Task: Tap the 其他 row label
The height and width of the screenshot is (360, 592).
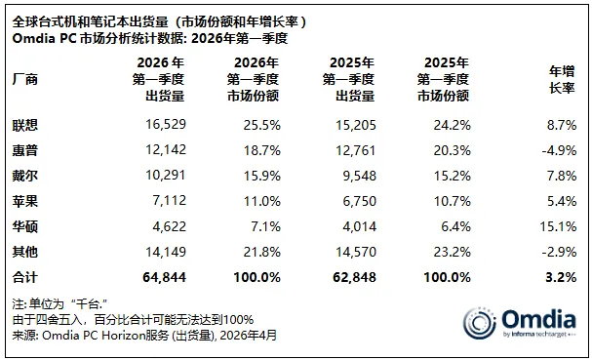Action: click(x=26, y=252)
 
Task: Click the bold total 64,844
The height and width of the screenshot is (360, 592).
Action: click(x=161, y=277)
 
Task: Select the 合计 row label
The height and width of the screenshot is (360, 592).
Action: click(x=26, y=277)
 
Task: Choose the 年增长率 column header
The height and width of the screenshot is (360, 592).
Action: click(x=561, y=78)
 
